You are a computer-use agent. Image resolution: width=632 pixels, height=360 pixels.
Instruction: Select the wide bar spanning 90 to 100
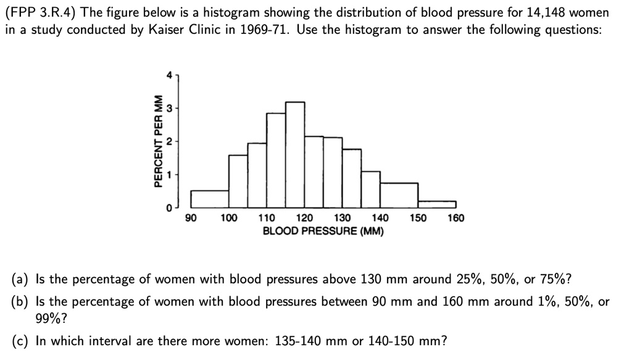point(210,199)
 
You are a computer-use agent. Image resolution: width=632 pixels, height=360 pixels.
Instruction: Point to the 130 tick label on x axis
point(343,218)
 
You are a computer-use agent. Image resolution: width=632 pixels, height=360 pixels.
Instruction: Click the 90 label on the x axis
point(191,218)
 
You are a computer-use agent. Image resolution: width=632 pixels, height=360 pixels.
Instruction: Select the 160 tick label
point(455,218)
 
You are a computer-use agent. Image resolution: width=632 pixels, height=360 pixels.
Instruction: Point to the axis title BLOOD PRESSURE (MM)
point(323,232)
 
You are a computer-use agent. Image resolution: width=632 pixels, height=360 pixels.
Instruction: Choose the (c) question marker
point(22,341)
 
